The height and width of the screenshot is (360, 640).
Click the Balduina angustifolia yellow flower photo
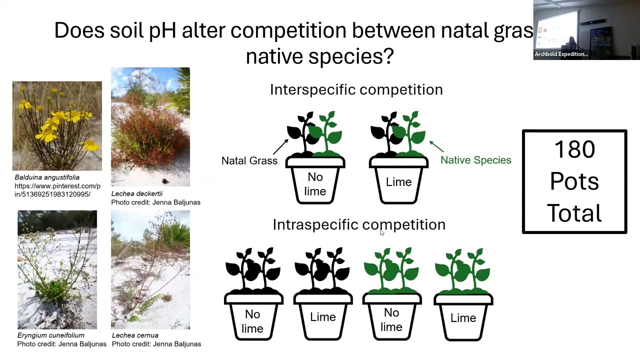click(x=57, y=126)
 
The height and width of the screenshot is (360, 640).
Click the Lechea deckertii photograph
click(x=150, y=126)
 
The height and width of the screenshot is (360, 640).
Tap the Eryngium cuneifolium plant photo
click(x=57, y=269)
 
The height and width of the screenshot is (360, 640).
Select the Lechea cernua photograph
click(x=150, y=269)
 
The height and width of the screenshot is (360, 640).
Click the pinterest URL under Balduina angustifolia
click(x=57, y=190)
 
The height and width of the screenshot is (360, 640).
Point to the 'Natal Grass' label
click(x=249, y=160)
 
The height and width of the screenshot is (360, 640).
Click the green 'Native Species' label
click(x=475, y=160)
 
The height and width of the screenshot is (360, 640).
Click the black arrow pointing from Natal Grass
click(x=280, y=146)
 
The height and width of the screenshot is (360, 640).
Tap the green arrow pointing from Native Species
click(x=436, y=146)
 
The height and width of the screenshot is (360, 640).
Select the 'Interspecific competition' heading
click(x=356, y=89)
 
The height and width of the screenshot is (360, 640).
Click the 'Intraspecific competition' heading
click(x=358, y=224)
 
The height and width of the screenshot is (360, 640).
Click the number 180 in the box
click(x=574, y=149)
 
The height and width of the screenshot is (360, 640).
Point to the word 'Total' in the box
click(x=574, y=213)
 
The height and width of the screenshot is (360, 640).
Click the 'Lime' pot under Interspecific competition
click(x=398, y=181)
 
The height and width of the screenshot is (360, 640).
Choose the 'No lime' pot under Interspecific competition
click(x=315, y=183)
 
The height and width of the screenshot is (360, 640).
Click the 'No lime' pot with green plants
click(x=391, y=319)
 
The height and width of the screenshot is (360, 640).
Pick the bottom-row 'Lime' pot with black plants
click(x=322, y=317)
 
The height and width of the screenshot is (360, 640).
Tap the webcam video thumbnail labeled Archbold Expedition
click(x=586, y=29)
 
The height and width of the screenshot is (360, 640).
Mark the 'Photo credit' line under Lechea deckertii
click(x=155, y=202)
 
